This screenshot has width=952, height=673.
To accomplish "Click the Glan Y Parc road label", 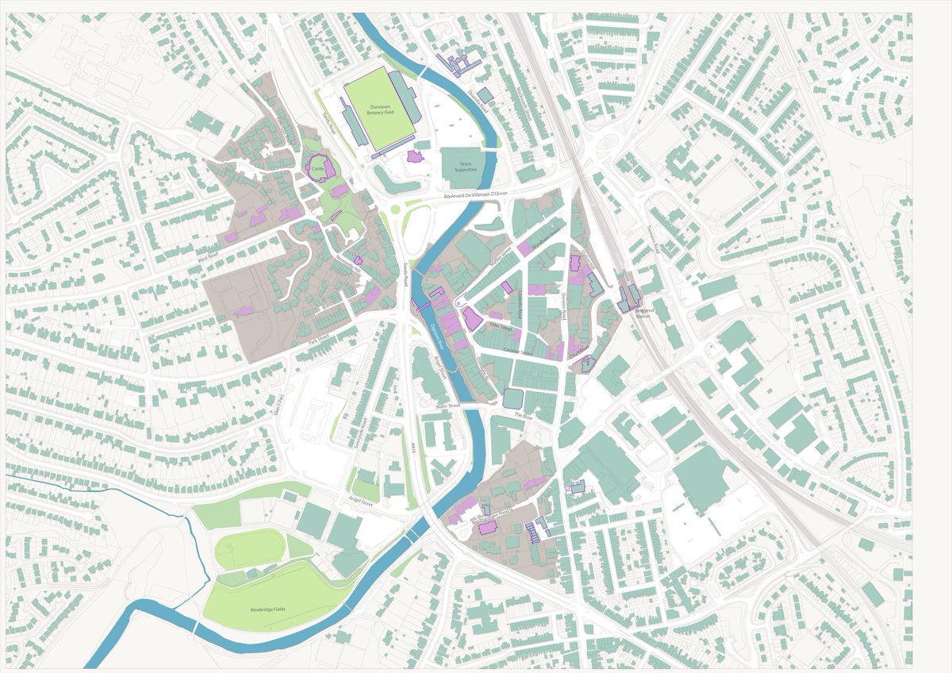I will pos(278,403).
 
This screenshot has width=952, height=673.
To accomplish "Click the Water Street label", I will pos(447,406).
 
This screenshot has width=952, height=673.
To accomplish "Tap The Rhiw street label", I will pos(523,415).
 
